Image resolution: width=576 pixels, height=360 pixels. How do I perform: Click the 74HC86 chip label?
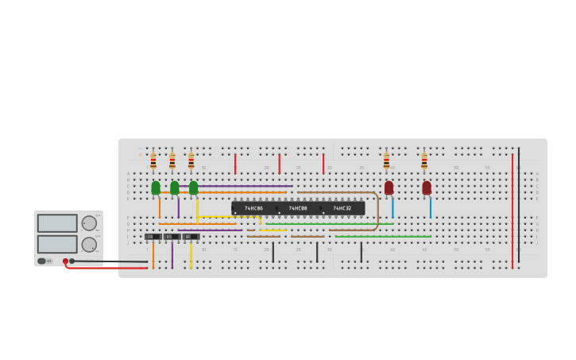[x=253, y=208]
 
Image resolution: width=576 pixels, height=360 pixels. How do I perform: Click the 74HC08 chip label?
[x=298, y=208]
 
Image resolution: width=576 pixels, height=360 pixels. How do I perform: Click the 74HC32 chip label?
[x=342, y=208]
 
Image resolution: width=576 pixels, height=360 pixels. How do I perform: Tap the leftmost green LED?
[x=156, y=188]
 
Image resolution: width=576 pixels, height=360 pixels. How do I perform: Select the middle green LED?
[x=175, y=188]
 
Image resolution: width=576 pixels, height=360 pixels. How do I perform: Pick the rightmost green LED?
[x=194, y=188]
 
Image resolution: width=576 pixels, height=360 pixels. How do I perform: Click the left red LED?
[x=389, y=188]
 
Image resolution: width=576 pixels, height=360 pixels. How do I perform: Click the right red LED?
[x=427, y=188]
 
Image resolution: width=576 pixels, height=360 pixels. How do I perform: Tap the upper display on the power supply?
[x=57, y=223]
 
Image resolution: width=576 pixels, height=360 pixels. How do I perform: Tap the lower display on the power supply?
[x=57, y=244]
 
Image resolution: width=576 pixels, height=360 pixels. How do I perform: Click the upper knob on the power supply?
[x=89, y=223]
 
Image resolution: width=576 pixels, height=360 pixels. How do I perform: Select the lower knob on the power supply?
[x=89, y=245]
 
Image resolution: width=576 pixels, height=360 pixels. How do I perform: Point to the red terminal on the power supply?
[x=65, y=261]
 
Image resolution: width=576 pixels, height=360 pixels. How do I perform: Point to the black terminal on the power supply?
[x=72, y=261]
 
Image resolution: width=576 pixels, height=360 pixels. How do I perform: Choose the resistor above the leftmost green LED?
[x=153, y=161]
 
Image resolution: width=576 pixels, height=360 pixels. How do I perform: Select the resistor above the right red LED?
[x=424, y=161]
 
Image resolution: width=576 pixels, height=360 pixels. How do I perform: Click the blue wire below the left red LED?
[x=392, y=207]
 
